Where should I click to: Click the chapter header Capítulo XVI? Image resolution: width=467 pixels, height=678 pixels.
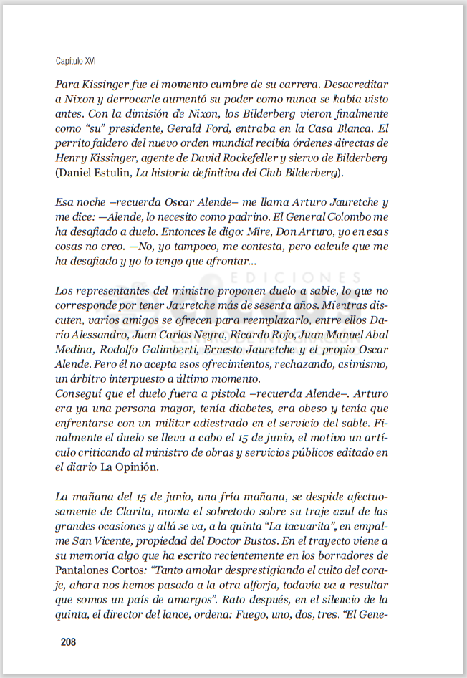75,61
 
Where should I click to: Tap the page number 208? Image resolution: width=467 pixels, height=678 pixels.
68,641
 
